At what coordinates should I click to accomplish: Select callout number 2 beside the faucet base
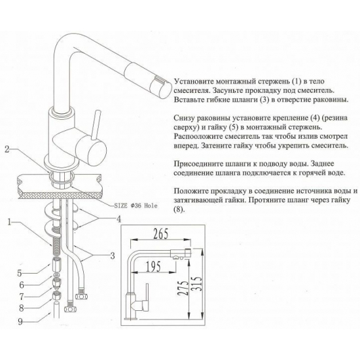pyautogui.click(x=6, y=149)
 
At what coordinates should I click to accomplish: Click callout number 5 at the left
pyautogui.click(x=20, y=273)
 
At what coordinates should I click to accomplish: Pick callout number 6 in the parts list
pyautogui.click(x=20, y=285)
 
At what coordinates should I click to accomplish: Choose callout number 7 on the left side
pyautogui.click(x=20, y=296)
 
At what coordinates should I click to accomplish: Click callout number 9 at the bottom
pyautogui.click(x=20, y=321)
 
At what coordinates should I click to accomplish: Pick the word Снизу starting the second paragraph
pyautogui.click(x=186, y=113)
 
